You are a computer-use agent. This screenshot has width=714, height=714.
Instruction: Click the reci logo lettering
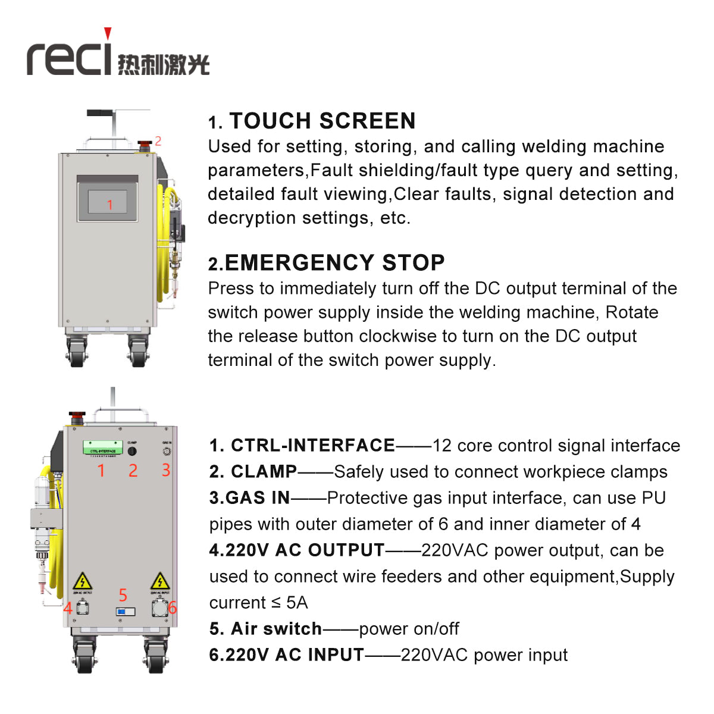pyautogui.click(x=69, y=57)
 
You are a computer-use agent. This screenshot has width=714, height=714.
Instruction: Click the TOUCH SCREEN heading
pyautogui.click(x=322, y=121)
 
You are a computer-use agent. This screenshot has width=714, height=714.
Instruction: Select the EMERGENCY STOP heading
pyautogui.click(x=334, y=262)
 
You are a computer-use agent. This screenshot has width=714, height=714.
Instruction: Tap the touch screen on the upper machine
pyautogui.click(x=108, y=202)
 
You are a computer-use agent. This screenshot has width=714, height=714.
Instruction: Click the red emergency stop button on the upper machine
pyautogui.click(x=145, y=145)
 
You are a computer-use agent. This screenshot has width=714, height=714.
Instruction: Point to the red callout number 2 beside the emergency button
pyautogui.click(x=158, y=141)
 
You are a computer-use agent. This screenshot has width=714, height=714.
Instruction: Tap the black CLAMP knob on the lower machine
pyautogui.click(x=132, y=451)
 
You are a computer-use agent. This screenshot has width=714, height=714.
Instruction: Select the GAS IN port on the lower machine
pyautogui.click(x=167, y=451)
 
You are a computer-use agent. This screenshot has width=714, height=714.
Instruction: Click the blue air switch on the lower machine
pyautogui.click(x=125, y=611)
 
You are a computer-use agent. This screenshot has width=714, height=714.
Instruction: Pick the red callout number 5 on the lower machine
pyautogui.click(x=123, y=595)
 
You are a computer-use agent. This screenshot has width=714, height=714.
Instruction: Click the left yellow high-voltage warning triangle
pyautogui.click(x=82, y=581)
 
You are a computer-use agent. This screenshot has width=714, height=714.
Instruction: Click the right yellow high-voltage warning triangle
pyautogui.click(x=159, y=581)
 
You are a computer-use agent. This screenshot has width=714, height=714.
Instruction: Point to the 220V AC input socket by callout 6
pyautogui.click(x=160, y=608)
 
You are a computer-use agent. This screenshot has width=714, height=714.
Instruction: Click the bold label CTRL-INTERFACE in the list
pyautogui.click(x=313, y=445)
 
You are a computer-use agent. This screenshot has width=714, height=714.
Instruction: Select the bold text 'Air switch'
pyautogui.click(x=276, y=628)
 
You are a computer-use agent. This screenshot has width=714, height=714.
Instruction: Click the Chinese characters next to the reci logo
pyautogui.click(x=164, y=64)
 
